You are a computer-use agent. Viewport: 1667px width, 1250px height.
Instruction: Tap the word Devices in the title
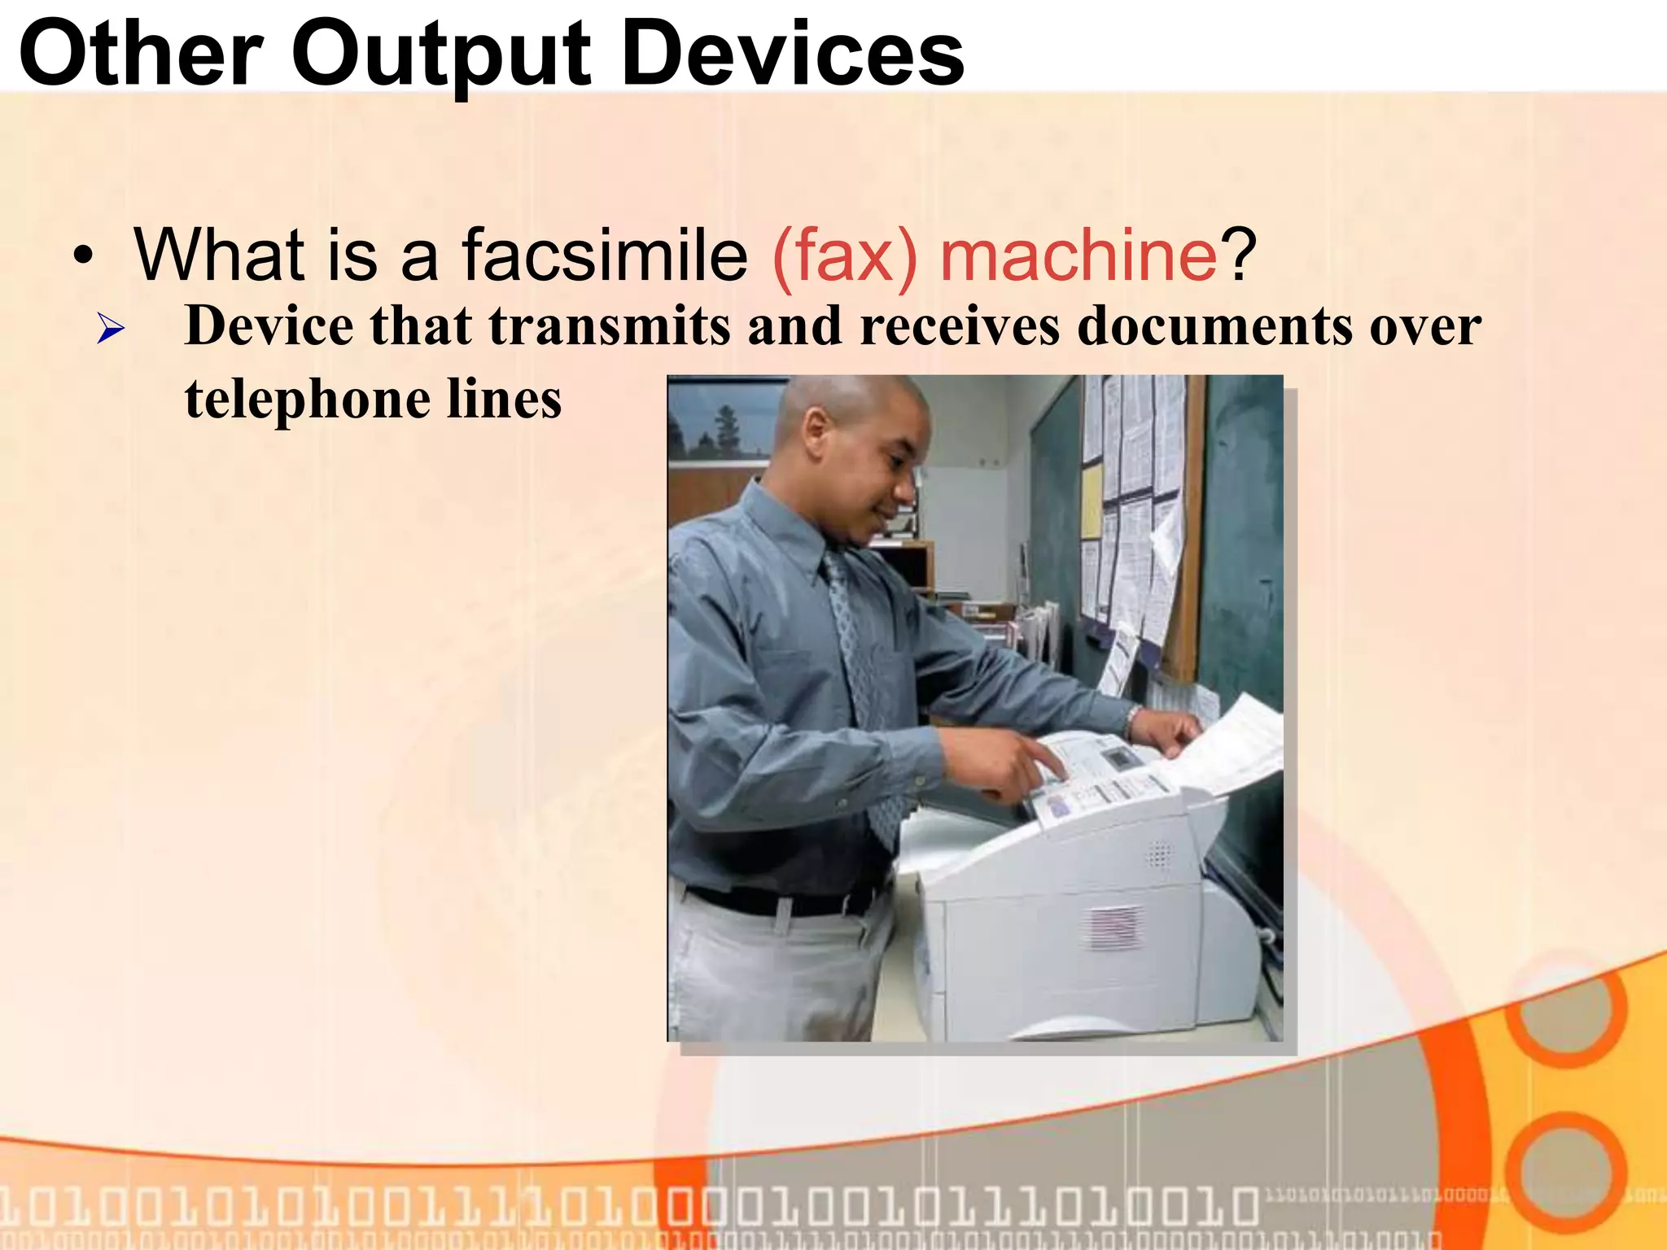[793, 55]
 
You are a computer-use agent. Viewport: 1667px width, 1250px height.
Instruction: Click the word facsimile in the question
[605, 256]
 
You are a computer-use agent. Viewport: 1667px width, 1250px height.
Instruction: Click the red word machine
[1079, 256]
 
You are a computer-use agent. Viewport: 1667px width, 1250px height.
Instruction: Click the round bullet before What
[83, 257]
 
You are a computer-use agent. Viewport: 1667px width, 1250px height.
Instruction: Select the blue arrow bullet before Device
[111, 330]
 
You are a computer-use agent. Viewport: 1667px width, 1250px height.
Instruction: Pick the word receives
[960, 326]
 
